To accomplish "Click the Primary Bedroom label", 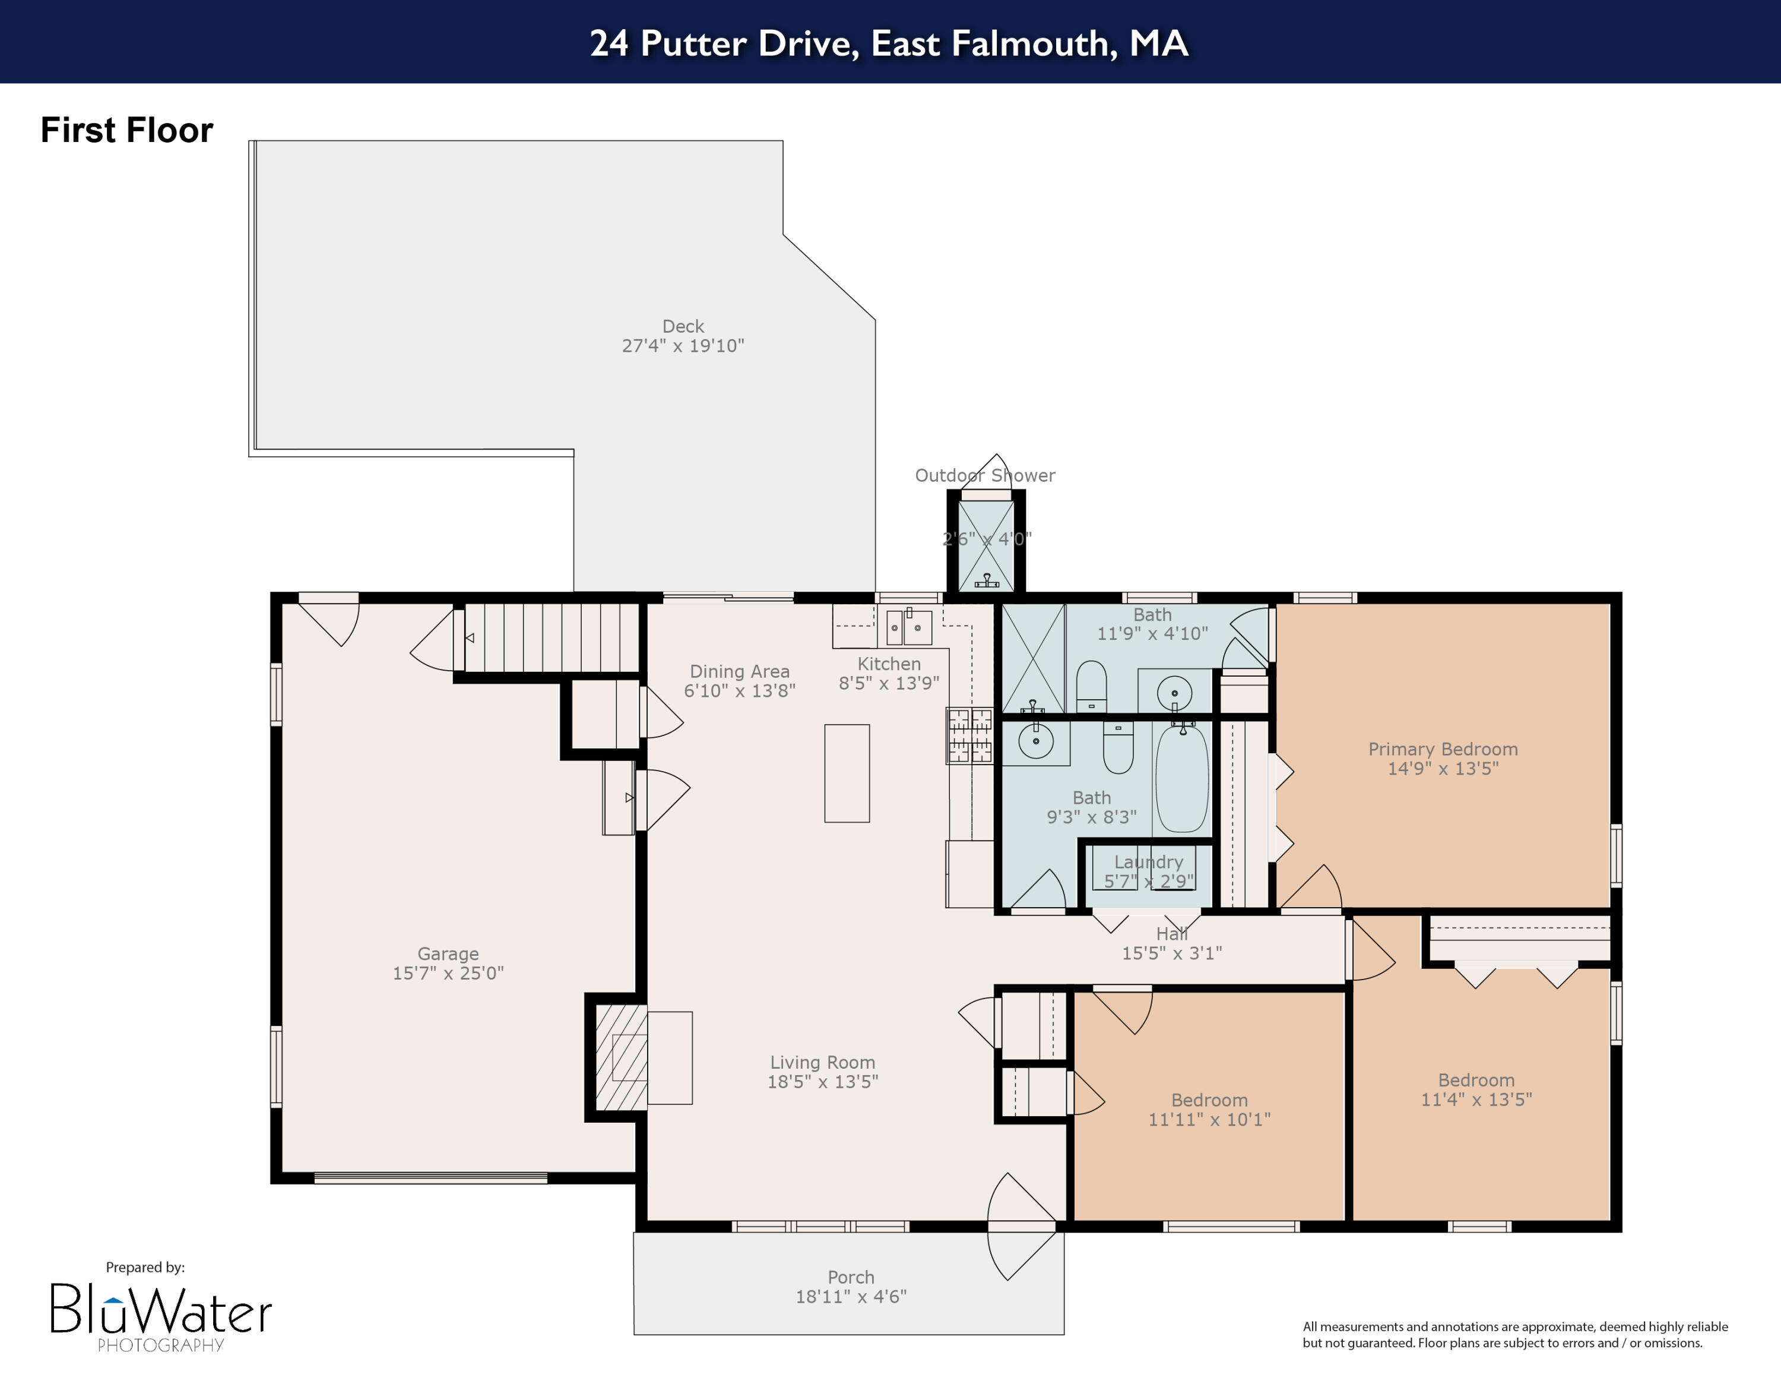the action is pyautogui.click(x=1443, y=749).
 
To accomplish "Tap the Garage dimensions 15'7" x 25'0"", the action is pyautogui.click(x=448, y=973).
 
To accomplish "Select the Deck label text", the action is pyautogui.click(x=683, y=326).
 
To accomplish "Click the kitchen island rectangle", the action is pyautogui.click(x=847, y=773).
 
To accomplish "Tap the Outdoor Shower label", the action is pyautogui.click(x=985, y=476).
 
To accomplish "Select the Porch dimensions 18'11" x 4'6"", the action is pyautogui.click(x=851, y=1297).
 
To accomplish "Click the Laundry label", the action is pyautogui.click(x=1149, y=862).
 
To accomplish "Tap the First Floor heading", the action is pyautogui.click(x=127, y=131).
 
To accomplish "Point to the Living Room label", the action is pyautogui.click(x=823, y=1062).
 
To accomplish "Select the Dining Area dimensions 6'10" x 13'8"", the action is pyautogui.click(x=740, y=691).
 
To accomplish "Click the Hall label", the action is pyautogui.click(x=1172, y=934).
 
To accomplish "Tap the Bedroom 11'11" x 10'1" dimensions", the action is pyautogui.click(x=1209, y=1120).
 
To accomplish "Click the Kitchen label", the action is pyautogui.click(x=889, y=664).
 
